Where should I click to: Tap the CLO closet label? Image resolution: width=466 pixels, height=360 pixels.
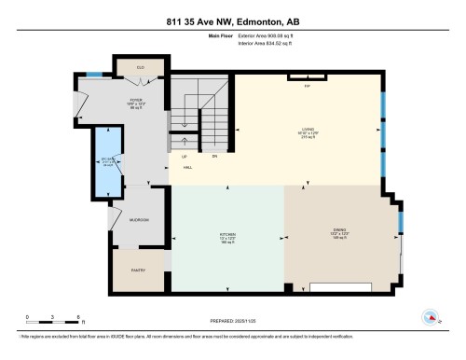click(140, 67)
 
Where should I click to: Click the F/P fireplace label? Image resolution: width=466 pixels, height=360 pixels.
click(306, 87)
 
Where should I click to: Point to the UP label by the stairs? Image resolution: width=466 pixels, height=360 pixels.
click(185, 156)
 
